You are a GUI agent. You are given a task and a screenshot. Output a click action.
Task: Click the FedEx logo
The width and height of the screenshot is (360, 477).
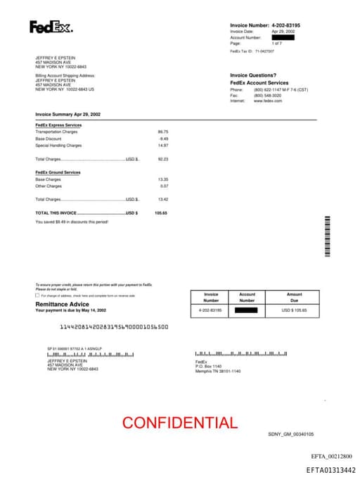click(50, 27)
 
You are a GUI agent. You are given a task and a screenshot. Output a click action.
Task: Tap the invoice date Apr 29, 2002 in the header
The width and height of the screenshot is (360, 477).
click(283, 32)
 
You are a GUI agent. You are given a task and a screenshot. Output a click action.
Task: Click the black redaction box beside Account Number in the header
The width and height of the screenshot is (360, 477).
click(283, 38)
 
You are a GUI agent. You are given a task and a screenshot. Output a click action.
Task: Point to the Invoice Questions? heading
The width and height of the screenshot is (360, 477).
click(254, 75)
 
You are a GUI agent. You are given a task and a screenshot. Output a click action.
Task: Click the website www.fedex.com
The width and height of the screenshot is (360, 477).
click(268, 101)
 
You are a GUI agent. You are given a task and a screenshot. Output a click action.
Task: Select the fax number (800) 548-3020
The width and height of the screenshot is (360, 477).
click(268, 95)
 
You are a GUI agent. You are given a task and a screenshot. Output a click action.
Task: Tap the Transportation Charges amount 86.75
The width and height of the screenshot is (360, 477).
click(163, 132)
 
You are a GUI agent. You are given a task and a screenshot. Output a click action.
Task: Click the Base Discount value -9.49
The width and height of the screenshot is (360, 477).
click(164, 139)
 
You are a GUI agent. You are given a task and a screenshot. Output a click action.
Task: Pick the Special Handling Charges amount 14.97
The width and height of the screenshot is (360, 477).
click(163, 145)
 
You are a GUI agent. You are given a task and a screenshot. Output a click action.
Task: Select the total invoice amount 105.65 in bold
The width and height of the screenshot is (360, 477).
click(161, 212)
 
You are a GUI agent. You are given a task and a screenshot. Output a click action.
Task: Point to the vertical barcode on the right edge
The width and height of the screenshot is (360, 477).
click(327, 238)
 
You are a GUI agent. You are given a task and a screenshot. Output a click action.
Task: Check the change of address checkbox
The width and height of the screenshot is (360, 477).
click(37, 295)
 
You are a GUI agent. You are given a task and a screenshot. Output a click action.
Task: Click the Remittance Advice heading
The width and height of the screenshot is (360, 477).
click(63, 304)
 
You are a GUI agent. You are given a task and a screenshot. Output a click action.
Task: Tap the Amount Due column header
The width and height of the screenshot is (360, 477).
click(295, 297)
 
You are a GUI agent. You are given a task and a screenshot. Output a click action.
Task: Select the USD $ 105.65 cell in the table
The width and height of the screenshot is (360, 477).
click(295, 310)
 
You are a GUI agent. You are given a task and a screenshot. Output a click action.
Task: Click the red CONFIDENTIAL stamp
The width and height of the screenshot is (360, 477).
click(180, 423)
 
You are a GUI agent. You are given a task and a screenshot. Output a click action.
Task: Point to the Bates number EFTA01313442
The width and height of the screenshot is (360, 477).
click(330, 469)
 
